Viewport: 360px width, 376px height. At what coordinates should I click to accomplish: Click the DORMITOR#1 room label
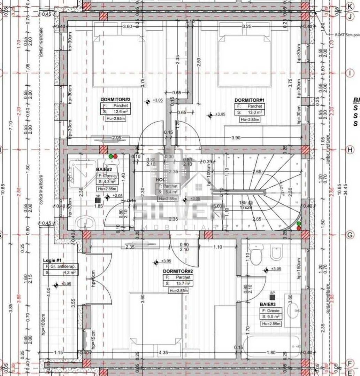[249, 100]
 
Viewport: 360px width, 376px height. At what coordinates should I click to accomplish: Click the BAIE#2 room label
[104, 169]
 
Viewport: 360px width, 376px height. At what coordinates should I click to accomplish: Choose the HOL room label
[160, 180]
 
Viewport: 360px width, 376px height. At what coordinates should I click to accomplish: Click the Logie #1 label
[52, 260]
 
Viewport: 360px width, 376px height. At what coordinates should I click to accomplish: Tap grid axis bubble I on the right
[350, 73]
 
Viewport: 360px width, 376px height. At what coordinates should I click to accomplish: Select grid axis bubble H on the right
[350, 150]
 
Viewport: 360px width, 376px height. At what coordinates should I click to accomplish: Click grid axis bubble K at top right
[350, 6]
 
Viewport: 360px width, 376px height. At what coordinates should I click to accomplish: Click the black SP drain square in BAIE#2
[98, 201]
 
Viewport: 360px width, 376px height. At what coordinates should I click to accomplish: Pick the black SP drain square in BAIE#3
[272, 297]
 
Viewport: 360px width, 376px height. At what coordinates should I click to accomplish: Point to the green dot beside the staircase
[299, 224]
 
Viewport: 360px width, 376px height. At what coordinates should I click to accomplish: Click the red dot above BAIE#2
[115, 157]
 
